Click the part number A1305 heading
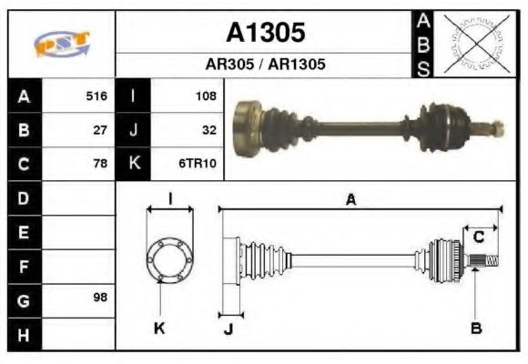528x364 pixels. [x=265, y=33]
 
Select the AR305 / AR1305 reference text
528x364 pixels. [x=265, y=65]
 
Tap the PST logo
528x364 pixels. [x=62, y=44]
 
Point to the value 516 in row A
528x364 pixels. [x=96, y=96]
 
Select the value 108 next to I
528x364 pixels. [x=205, y=96]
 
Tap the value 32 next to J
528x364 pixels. [x=208, y=129]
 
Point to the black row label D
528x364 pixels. [x=24, y=197]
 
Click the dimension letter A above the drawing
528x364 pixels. [x=350, y=201]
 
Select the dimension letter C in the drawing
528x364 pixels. [x=477, y=238]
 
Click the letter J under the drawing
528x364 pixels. [x=228, y=329]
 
